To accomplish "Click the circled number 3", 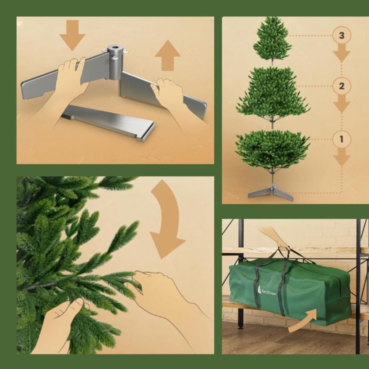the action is [x=342, y=36].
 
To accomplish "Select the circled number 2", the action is [x=342, y=86].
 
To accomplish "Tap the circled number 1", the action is [x=342, y=139].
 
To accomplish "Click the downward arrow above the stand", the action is [x=72, y=35].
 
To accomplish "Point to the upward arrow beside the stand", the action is [x=168, y=55].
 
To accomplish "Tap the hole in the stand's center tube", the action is [x=115, y=48].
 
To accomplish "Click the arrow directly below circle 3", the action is [x=342, y=53].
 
